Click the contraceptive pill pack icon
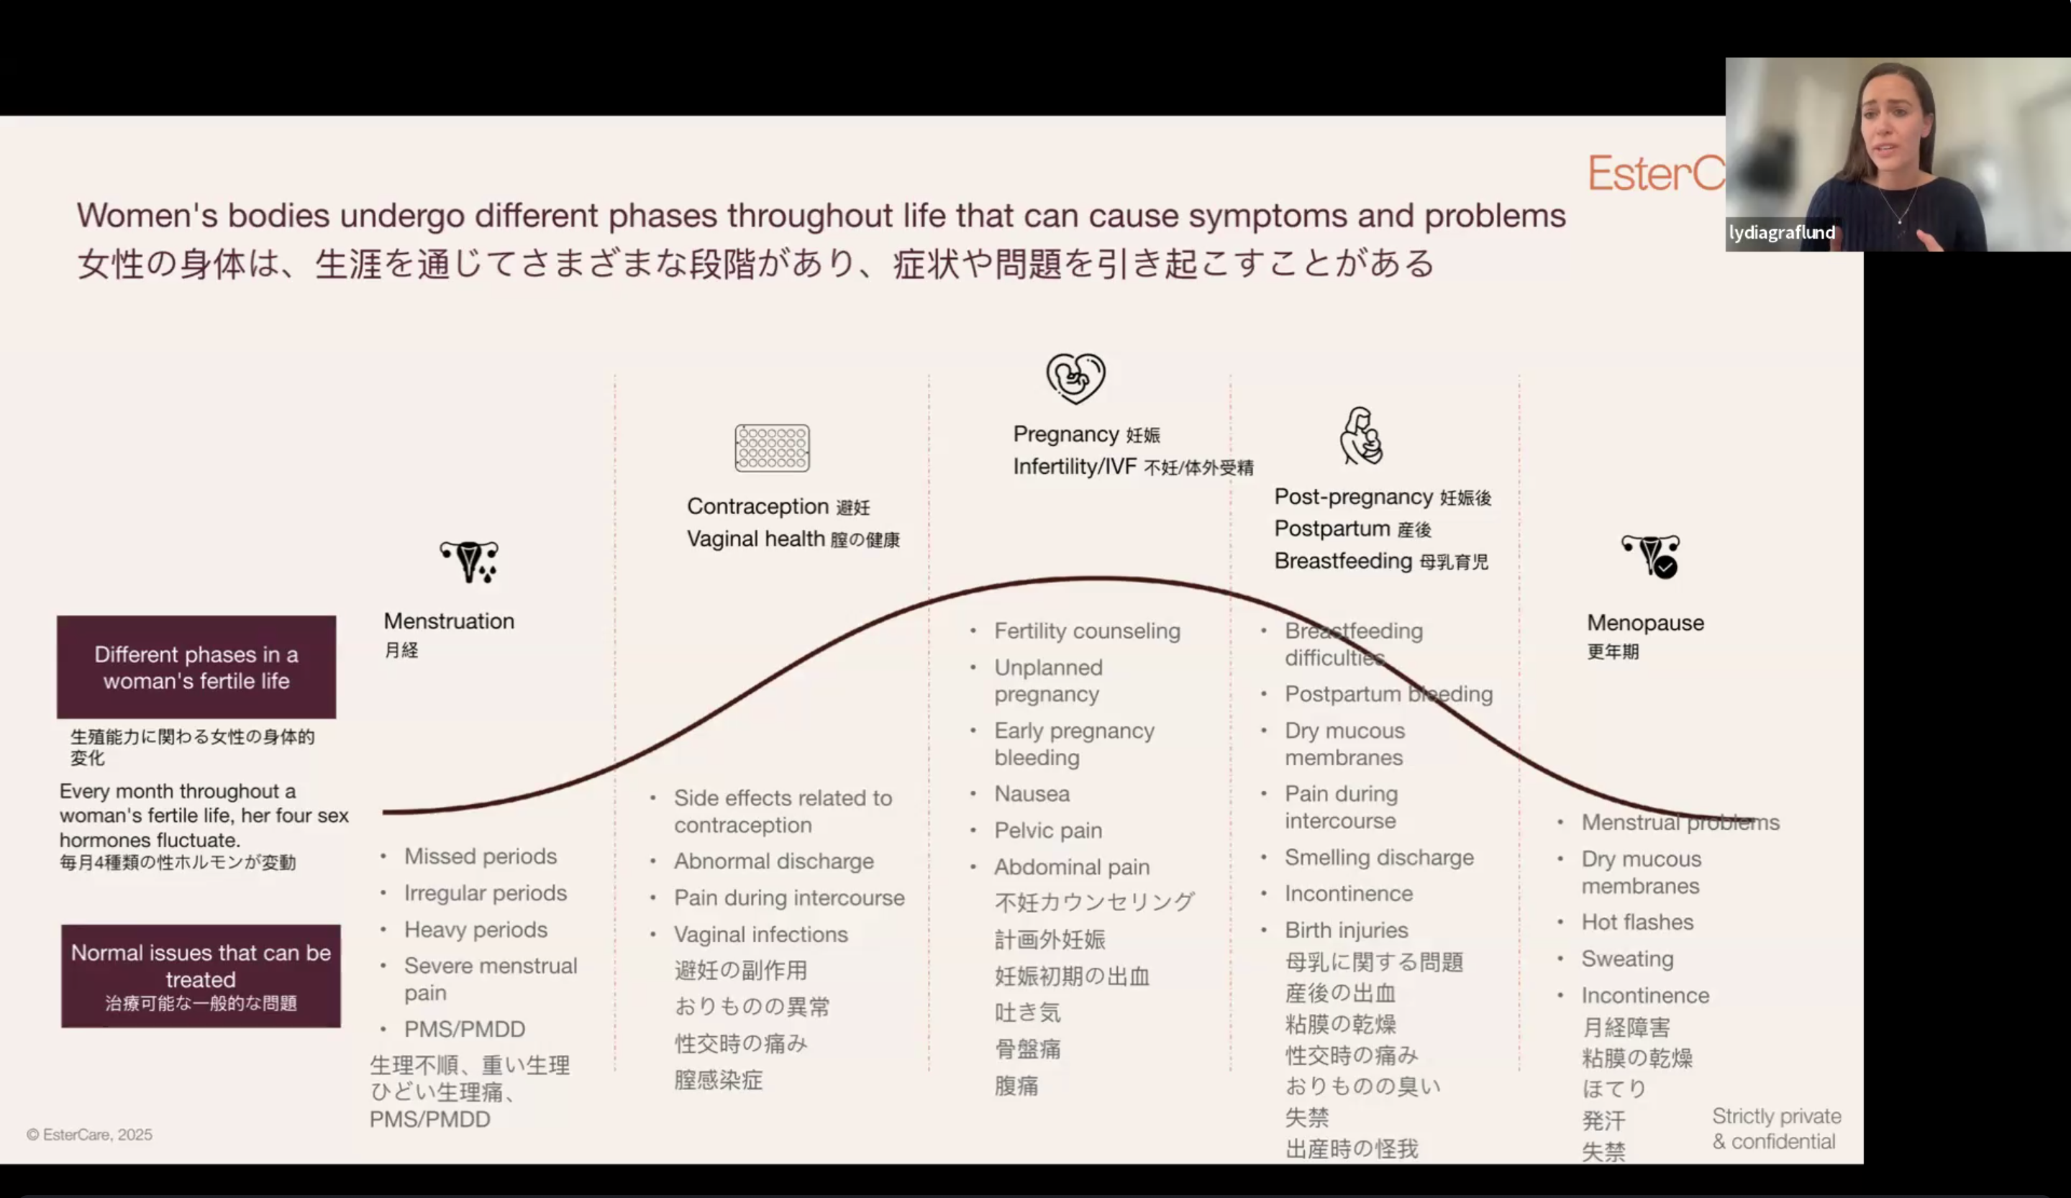(x=772, y=448)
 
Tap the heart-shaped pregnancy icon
(x=1075, y=378)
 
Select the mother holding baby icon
(x=1362, y=436)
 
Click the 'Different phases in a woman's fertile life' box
(x=196, y=667)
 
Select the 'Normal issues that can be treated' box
(x=201, y=976)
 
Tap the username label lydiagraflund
(x=1782, y=232)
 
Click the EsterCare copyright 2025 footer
(x=90, y=1135)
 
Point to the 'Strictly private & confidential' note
(x=1777, y=1129)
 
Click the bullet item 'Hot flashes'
(x=1637, y=922)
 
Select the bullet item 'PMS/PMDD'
(x=464, y=1029)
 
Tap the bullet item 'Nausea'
(x=1032, y=794)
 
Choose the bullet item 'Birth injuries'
(x=1346, y=930)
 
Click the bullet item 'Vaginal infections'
(x=761, y=934)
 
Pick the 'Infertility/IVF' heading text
(x=1075, y=467)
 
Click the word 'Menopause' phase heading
(x=1645, y=623)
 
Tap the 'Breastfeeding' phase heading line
(x=1380, y=561)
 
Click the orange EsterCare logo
(x=1656, y=173)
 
